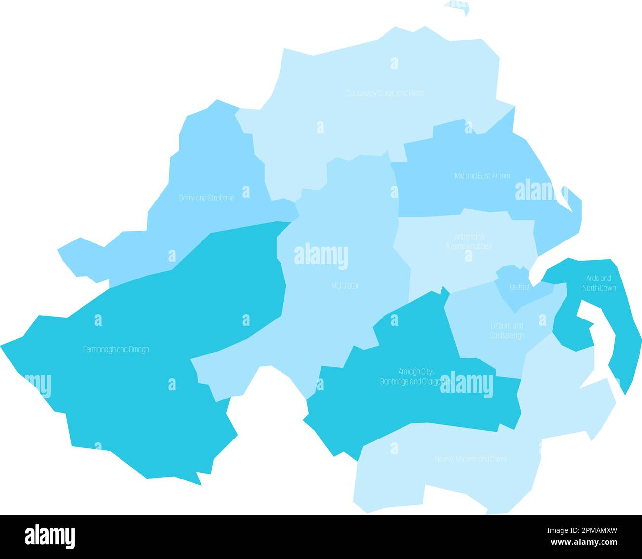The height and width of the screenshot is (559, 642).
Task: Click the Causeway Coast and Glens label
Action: coord(384,93)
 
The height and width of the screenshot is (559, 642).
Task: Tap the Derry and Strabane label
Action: coord(206,198)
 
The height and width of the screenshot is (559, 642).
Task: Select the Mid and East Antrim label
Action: coord(482,175)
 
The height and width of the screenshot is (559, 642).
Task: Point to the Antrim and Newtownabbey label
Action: coord(469,241)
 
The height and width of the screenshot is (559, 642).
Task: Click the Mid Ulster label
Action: coord(345,285)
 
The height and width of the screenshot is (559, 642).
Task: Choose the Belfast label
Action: coord(520,287)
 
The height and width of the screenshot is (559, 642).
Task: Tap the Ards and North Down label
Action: coord(599,283)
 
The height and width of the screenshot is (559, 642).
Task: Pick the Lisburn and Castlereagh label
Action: coord(507,331)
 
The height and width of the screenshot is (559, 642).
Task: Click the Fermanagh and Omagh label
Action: coord(116,349)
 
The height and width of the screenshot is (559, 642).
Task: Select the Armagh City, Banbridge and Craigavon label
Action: coord(414,376)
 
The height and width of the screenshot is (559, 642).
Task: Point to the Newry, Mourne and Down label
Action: coord(470,459)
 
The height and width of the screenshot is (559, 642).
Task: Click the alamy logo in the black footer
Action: coord(50,536)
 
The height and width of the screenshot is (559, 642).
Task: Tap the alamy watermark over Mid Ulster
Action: coord(321,256)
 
